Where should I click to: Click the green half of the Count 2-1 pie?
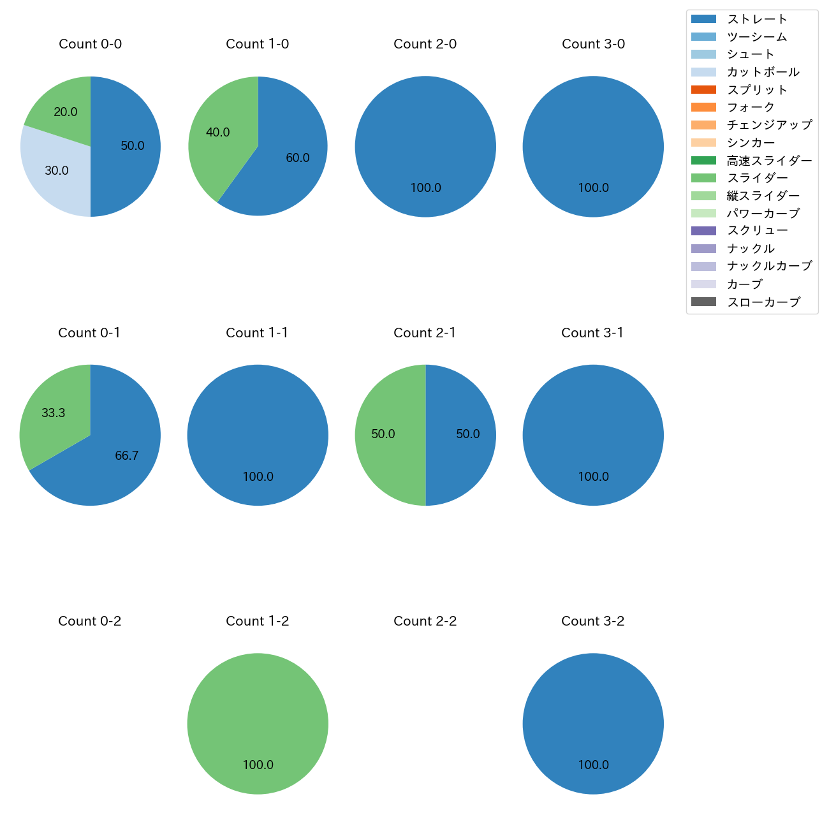click(x=383, y=435)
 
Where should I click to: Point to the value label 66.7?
click(x=127, y=455)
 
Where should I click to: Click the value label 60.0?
click(x=298, y=158)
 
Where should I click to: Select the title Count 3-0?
click(x=593, y=44)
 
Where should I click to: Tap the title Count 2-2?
click(x=425, y=621)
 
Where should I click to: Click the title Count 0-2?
click(x=89, y=621)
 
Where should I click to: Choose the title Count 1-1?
click(x=257, y=333)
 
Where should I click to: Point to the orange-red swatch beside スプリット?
click(x=703, y=90)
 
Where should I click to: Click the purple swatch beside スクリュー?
click(x=703, y=231)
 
